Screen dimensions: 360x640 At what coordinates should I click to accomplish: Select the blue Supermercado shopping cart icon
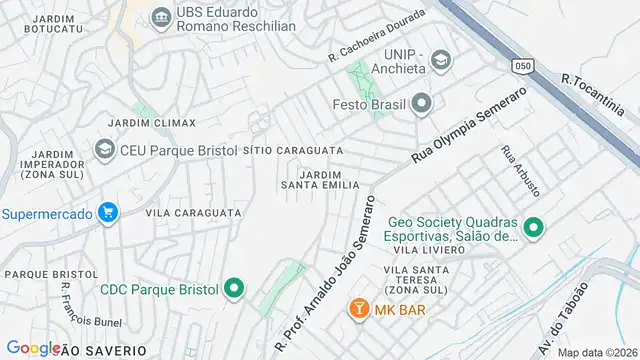pyautogui.click(x=109, y=212)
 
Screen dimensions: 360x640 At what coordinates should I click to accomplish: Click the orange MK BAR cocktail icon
pyautogui.click(x=355, y=310)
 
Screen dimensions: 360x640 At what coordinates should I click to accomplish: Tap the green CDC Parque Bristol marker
pyautogui.click(x=235, y=290)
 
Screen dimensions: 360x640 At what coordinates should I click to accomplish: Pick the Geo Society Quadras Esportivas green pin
pyautogui.click(x=533, y=228)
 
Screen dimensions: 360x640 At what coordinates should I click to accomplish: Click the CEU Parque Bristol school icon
pyautogui.click(x=104, y=150)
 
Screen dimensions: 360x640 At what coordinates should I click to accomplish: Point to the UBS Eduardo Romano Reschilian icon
pyautogui.click(x=160, y=18)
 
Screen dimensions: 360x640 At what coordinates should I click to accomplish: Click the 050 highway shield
pyautogui.click(x=519, y=63)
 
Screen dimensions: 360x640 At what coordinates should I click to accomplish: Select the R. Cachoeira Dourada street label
pyautogui.click(x=377, y=36)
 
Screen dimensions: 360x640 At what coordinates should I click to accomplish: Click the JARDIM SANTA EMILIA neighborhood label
pyautogui.click(x=319, y=179)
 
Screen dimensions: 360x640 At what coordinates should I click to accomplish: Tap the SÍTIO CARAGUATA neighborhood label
pyautogui.click(x=293, y=150)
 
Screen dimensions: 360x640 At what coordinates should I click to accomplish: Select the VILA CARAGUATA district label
pyautogui.click(x=193, y=213)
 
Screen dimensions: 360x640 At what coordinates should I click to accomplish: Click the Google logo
pyautogui.click(x=34, y=348)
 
